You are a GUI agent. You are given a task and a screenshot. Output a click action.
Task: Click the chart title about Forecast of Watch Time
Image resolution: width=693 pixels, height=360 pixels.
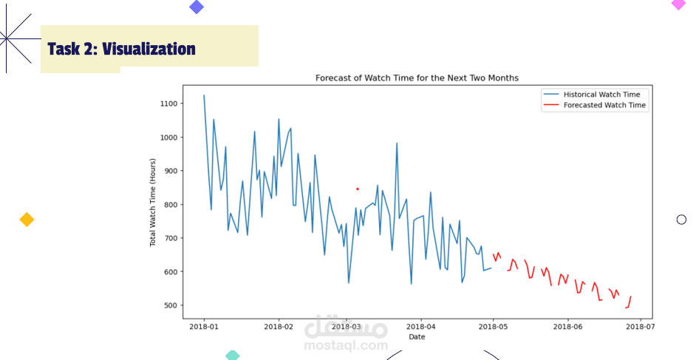click(x=417, y=78)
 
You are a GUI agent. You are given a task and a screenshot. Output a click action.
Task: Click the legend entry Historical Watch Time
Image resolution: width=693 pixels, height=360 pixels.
click(x=601, y=95)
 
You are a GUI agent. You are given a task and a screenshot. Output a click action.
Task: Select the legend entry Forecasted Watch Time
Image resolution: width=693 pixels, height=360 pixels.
click(x=604, y=106)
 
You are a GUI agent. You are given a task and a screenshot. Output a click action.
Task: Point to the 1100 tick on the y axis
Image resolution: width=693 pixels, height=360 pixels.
click(x=167, y=103)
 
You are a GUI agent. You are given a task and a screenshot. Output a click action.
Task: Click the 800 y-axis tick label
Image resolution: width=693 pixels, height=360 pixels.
click(x=169, y=205)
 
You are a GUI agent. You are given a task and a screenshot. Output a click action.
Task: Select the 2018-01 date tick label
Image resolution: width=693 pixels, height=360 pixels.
click(x=204, y=325)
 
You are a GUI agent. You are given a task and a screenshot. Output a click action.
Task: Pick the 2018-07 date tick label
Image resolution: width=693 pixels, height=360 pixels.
click(x=640, y=325)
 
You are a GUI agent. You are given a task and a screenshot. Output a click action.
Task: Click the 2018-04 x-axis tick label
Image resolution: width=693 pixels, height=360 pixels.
click(x=422, y=325)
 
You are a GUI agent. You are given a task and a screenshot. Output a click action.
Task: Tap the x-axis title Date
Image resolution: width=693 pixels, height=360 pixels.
click(x=417, y=337)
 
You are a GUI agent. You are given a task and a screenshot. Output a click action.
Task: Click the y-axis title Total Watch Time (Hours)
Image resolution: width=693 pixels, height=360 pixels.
click(x=153, y=202)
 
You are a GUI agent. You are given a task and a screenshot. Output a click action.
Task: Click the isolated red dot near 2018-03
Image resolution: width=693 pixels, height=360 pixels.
click(x=357, y=189)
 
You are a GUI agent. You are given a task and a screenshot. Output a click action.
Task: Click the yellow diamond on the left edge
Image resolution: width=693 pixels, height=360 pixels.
click(x=27, y=220)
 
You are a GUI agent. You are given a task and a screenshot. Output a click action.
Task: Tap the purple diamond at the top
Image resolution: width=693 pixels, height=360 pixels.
click(x=197, y=7)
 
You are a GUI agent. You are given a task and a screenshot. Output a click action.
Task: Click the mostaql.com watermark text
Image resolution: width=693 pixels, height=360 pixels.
click(x=346, y=345)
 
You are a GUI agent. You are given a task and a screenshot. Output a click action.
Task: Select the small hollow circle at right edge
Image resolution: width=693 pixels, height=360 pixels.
click(x=681, y=219)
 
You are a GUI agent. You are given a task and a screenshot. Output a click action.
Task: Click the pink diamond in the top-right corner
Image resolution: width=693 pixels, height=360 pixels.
click(x=678, y=4)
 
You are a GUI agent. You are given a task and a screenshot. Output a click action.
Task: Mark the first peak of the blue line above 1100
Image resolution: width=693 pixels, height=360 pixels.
click(x=204, y=95)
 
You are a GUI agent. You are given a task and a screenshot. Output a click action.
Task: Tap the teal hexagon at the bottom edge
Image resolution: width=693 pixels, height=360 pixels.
click(x=232, y=356)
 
